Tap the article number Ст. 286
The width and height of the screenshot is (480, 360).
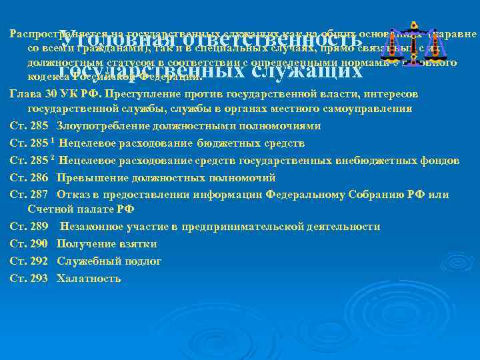click(29, 178)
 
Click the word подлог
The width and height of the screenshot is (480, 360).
click(145, 261)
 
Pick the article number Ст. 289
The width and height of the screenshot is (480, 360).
click(29, 227)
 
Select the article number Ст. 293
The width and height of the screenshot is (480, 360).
click(29, 278)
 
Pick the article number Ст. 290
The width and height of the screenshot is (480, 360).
click(29, 244)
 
